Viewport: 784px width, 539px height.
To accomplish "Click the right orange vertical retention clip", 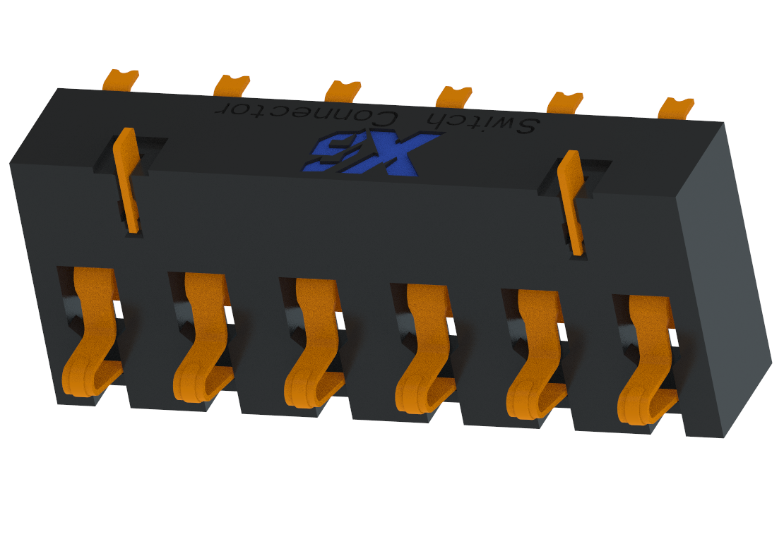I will coord(572,200).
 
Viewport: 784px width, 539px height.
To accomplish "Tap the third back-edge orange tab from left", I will coord(343,91).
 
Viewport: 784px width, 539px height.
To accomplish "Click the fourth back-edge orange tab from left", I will coord(454,96).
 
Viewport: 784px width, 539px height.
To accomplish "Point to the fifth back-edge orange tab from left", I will coord(565,102).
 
